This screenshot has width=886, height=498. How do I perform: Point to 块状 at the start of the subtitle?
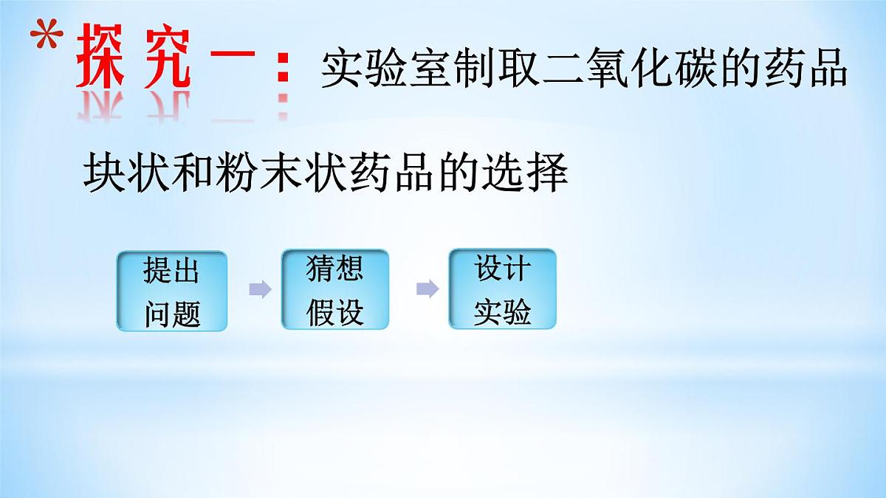coord(128,174)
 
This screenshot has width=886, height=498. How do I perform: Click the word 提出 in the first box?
coord(171,272)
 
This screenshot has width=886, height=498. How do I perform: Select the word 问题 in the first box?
coord(171,314)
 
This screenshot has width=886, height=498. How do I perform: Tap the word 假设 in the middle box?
coord(334,312)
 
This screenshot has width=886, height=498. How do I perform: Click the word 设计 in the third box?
coord(502,269)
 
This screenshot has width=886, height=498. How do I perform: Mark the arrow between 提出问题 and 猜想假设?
coord(259,289)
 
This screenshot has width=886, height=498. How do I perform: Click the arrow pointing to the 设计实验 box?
coord(427,289)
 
